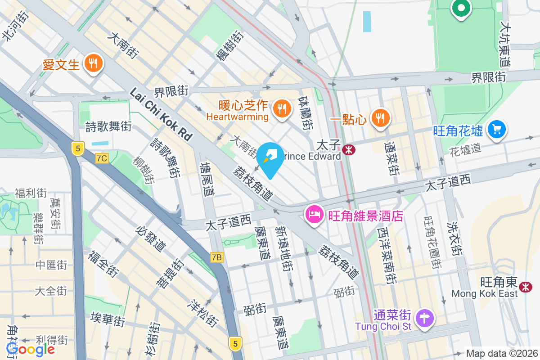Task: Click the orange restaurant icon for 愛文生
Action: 93,64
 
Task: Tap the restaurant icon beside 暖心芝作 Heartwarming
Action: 281,109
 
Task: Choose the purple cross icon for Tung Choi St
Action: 425,319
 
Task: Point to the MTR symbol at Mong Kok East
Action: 525,287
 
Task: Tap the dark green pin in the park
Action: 461,8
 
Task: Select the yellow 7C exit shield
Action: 102,158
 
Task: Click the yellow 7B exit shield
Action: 216,257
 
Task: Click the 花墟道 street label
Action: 465,149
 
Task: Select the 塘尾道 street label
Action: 207,179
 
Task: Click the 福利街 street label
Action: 31,193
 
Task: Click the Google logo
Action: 30,349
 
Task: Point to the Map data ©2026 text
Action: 501,354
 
